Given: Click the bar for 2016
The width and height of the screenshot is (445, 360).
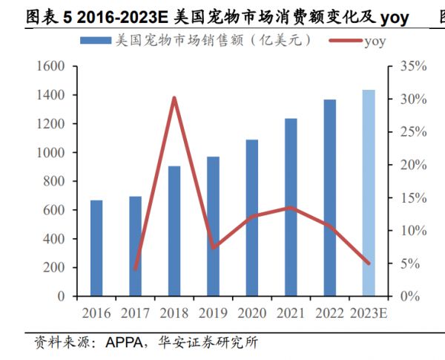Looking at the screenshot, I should point(96,248).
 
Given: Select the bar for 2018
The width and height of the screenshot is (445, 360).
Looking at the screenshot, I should point(174,231).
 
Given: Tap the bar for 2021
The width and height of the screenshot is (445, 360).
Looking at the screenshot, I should point(291,207).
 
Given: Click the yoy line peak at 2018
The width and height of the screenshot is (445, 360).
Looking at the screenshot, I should point(174,98).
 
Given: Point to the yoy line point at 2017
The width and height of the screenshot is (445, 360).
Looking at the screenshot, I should point(136,268).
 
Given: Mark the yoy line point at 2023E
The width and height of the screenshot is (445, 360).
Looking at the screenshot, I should point(369,263).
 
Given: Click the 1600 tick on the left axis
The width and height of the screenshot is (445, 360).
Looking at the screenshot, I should point(51,67).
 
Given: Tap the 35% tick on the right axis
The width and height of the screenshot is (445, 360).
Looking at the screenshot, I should point(409,67).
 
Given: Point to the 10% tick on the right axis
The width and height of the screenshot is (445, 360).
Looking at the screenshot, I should point(409,230).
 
